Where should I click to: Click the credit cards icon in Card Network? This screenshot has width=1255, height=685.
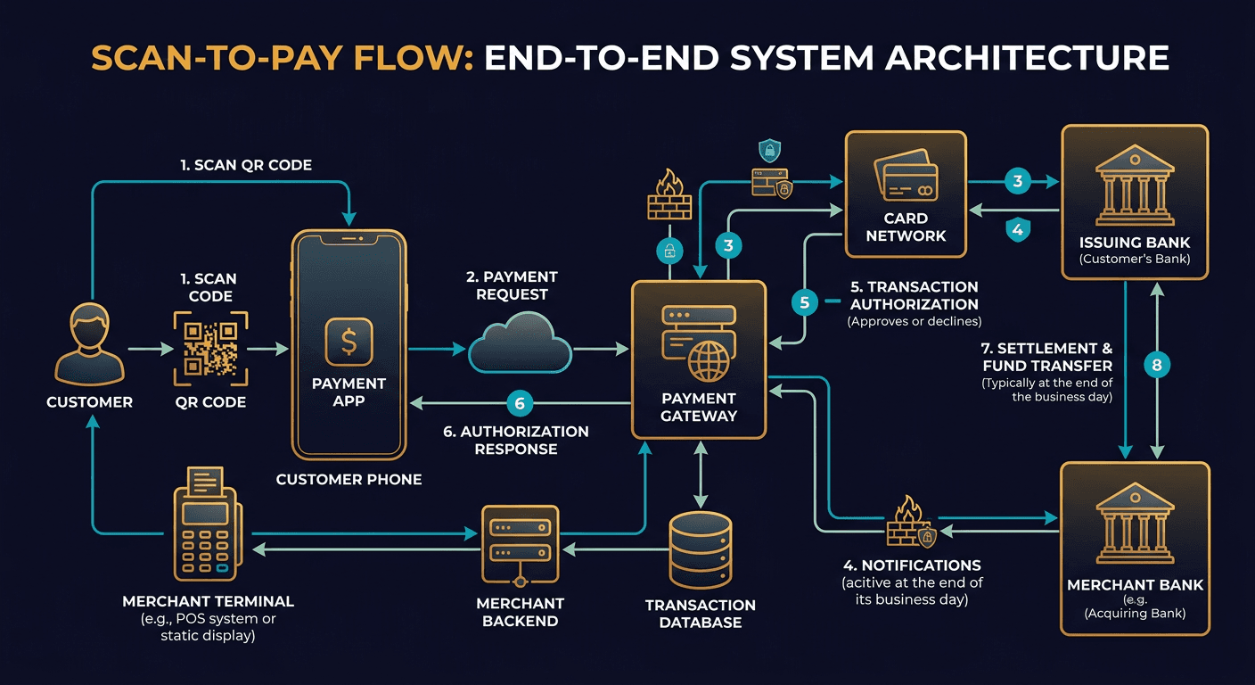click(x=906, y=176)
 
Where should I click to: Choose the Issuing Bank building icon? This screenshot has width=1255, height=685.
click(x=1134, y=189)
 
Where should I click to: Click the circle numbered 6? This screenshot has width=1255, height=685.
click(x=520, y=404)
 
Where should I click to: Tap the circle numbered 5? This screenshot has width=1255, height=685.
click(x=805, y=303)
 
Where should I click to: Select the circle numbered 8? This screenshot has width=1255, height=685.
click(x=1157, y=365)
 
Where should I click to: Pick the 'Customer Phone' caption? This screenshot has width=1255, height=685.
click(x=349, y=479)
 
